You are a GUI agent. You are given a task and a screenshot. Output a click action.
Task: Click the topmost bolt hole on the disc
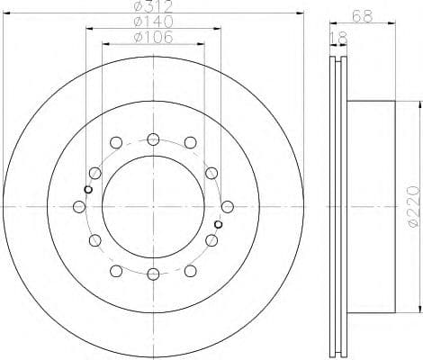153,139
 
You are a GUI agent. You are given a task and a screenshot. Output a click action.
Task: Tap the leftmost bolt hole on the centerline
80,206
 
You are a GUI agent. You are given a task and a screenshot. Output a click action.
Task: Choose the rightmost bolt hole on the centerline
227,206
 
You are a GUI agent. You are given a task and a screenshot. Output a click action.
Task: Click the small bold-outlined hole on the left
87,189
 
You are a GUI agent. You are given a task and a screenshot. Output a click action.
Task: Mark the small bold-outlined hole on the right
219,223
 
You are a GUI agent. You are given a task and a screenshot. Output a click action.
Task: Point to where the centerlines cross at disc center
153,206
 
